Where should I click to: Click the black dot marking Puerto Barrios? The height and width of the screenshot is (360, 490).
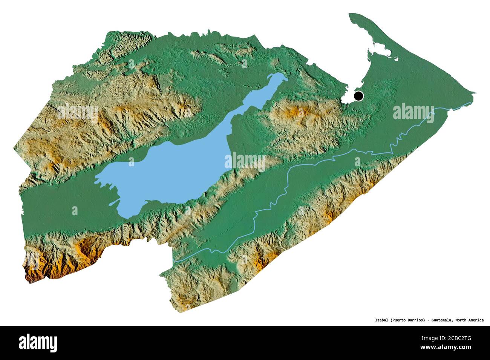click(x=358, y=96)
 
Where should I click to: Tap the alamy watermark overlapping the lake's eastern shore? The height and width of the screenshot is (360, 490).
click(x=245, y=162)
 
